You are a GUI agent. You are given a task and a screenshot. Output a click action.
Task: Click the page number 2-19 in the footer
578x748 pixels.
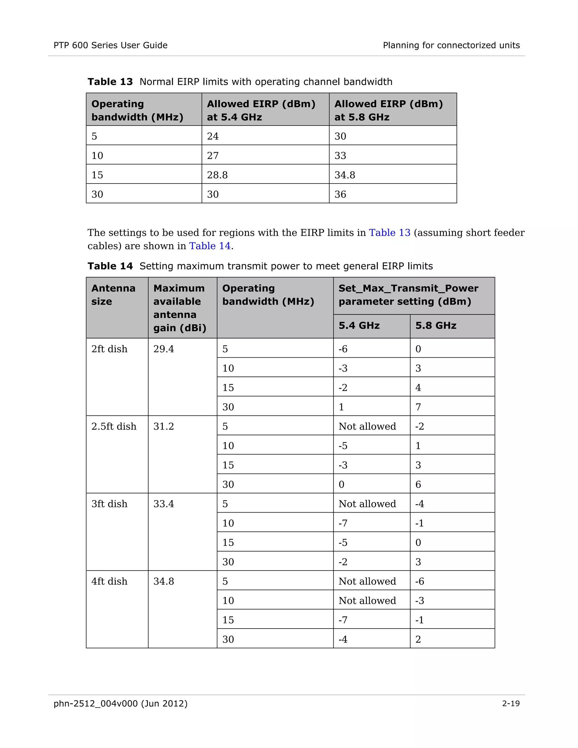point(511,703)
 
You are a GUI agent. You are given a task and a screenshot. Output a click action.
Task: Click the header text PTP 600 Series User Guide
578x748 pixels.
point(110,45)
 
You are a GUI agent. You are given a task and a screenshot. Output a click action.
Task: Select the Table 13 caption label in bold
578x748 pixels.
point(110,82)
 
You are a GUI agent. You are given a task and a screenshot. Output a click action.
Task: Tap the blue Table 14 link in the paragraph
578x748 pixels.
point(210,246)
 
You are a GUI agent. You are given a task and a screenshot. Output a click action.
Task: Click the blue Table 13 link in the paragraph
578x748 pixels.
point(389,233)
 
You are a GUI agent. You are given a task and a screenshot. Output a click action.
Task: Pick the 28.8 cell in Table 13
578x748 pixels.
point(217,175)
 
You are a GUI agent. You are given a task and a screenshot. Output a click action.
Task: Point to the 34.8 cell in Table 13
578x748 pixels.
point(345,175)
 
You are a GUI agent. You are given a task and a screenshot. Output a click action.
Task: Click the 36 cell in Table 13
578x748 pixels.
point(340,194)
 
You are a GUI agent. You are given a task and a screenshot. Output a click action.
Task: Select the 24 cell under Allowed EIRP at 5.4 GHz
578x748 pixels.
point(213,136)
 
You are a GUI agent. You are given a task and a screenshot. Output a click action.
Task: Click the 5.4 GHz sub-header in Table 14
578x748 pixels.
point(359,325)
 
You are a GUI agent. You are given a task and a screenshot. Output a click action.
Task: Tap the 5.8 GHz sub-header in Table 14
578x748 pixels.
point(435,325)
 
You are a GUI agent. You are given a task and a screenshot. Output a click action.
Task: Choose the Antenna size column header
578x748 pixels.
point(113,294)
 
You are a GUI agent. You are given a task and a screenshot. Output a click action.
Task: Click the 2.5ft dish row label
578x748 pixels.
point(114,427)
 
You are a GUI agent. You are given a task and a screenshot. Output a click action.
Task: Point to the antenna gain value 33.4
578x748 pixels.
point(163,504)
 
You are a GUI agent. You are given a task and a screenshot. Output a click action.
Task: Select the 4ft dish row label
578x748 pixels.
point(109,581)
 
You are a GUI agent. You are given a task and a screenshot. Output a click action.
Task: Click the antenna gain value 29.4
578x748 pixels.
point(163,349)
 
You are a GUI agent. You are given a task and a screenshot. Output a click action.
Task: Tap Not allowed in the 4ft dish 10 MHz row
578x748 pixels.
point(367,600)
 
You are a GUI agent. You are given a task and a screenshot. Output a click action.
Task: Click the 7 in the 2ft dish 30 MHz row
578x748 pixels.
point(418,407)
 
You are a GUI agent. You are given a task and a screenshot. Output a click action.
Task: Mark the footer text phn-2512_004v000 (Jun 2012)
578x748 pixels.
point(121,703)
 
